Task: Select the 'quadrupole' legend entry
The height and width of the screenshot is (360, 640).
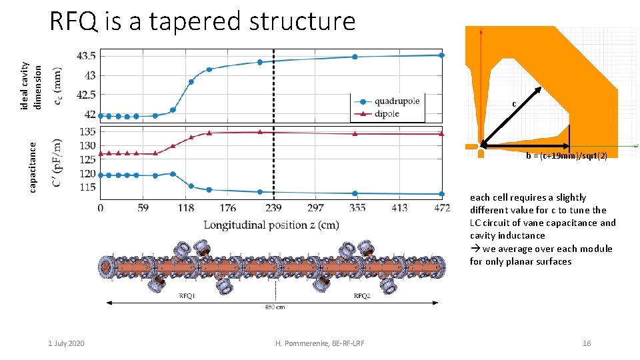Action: [x=397, y=101]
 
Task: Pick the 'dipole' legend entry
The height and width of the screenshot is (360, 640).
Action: [x=387, y=114]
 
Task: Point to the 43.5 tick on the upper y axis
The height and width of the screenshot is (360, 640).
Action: [x=86, y=55]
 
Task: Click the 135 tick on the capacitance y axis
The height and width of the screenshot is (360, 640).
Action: [x=88, y=131]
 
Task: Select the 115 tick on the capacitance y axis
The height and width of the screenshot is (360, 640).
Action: [x=88, y=187]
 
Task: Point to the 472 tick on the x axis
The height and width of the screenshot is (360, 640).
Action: [x=441, y=209]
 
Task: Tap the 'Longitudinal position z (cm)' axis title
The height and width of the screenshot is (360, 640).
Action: [x=271, y=225]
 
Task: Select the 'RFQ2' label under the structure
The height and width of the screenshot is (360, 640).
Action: [x=361, y=295]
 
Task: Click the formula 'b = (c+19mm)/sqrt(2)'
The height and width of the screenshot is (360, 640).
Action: [x=566, y=155]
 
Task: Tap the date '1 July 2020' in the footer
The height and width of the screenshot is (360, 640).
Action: [x=66, y=343]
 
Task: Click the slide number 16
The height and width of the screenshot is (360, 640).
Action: [x=587, y=343]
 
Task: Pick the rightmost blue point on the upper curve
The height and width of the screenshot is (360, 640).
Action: [x=441, y=55]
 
